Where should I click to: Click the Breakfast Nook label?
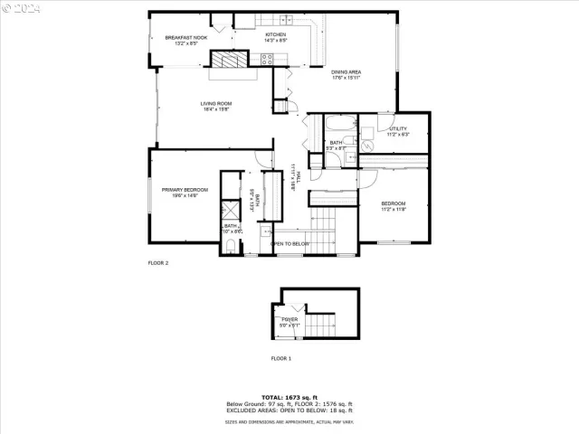click(x=186, y=38)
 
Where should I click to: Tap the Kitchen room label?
click(x=275, y=35)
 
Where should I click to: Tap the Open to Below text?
click(x=290, y=244)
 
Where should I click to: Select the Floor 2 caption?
click(x=158, y=263)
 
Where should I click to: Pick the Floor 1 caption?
click(x=281, y=358)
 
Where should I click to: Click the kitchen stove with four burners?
click(x=268, y=60)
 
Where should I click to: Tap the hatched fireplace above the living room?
click(x=226, y=60)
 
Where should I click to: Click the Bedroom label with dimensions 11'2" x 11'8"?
click(x=393, y=204)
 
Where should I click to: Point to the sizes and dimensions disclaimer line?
click(x=289, y=421)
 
